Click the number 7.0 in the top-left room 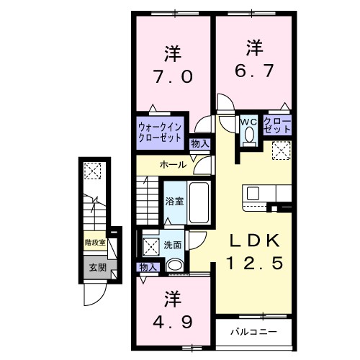coord(172,77)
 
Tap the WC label coord(248,121)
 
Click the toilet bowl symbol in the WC coord(250,135)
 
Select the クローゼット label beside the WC coord(277,125)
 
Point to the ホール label coord(174,165)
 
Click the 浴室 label coord(174,202)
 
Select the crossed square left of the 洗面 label coord(152,246)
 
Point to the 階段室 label coord(95,243)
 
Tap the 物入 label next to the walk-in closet coord(199,144)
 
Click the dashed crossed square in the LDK coord(281,150)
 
